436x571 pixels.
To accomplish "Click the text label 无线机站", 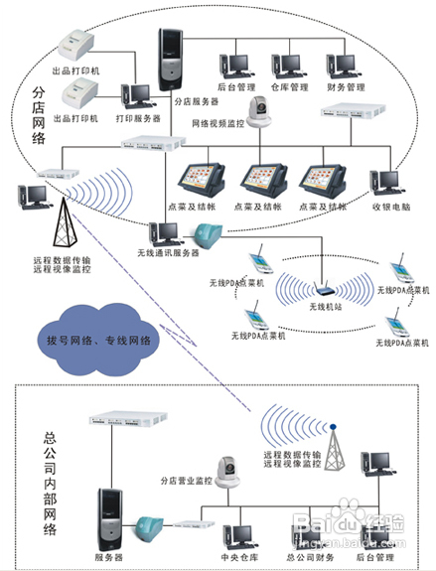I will pyautogui.click(x=326, y=308).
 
